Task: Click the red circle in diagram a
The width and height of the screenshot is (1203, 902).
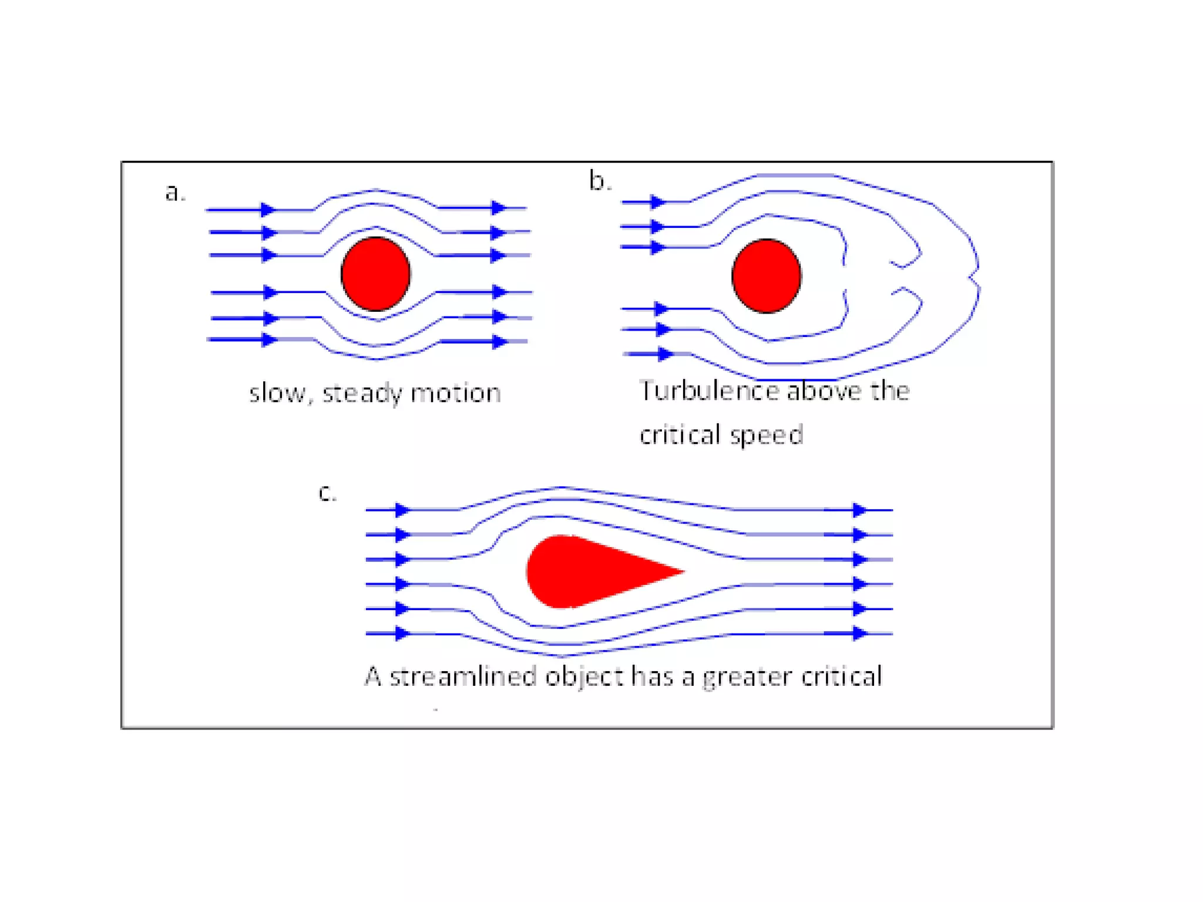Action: tap(375, 274)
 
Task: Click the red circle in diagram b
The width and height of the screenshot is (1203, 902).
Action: tap(766, 276)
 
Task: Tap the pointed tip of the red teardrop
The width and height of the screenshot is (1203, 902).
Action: tap(681, 570)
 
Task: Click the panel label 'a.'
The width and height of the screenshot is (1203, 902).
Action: tap(175, 193)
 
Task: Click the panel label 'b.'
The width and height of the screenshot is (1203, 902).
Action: tap(600, 181)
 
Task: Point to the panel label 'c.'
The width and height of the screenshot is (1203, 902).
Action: tap(327, 492)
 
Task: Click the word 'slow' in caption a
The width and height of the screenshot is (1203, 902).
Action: tap(277, 393)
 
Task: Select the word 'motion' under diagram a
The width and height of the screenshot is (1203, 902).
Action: tap(456, 393)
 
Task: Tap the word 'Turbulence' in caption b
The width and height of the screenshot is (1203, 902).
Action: tap(708, 391)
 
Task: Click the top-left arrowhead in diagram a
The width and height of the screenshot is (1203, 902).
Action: tap(268, 210)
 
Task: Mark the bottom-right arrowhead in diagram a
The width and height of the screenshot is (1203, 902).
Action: tap(499, 342)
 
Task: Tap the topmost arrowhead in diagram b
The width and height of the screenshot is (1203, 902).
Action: tap(658, 203)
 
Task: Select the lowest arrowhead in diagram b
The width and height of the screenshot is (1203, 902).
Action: tap(665, 354)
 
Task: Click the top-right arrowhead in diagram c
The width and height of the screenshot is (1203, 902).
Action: tap(859, 510)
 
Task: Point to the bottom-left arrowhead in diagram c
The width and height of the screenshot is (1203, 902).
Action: tap(402, 633)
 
